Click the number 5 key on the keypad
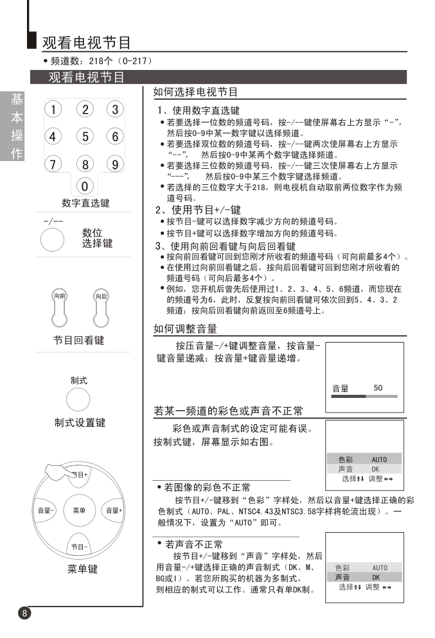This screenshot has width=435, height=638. (x=85, y=136)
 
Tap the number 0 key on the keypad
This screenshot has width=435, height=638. (x=85, y=187)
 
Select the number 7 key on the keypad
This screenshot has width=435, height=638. (x=53, y=164)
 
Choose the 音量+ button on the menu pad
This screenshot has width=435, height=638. (x=114, y=511)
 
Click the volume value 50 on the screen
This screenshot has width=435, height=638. (x=378, y=388)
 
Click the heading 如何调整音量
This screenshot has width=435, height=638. (x=185, y=329)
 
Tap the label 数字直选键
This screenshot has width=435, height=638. (x=85, y=203)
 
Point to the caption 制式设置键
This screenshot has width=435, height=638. (x=80, y=424)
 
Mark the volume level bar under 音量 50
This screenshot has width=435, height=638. (x=364, y=397)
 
